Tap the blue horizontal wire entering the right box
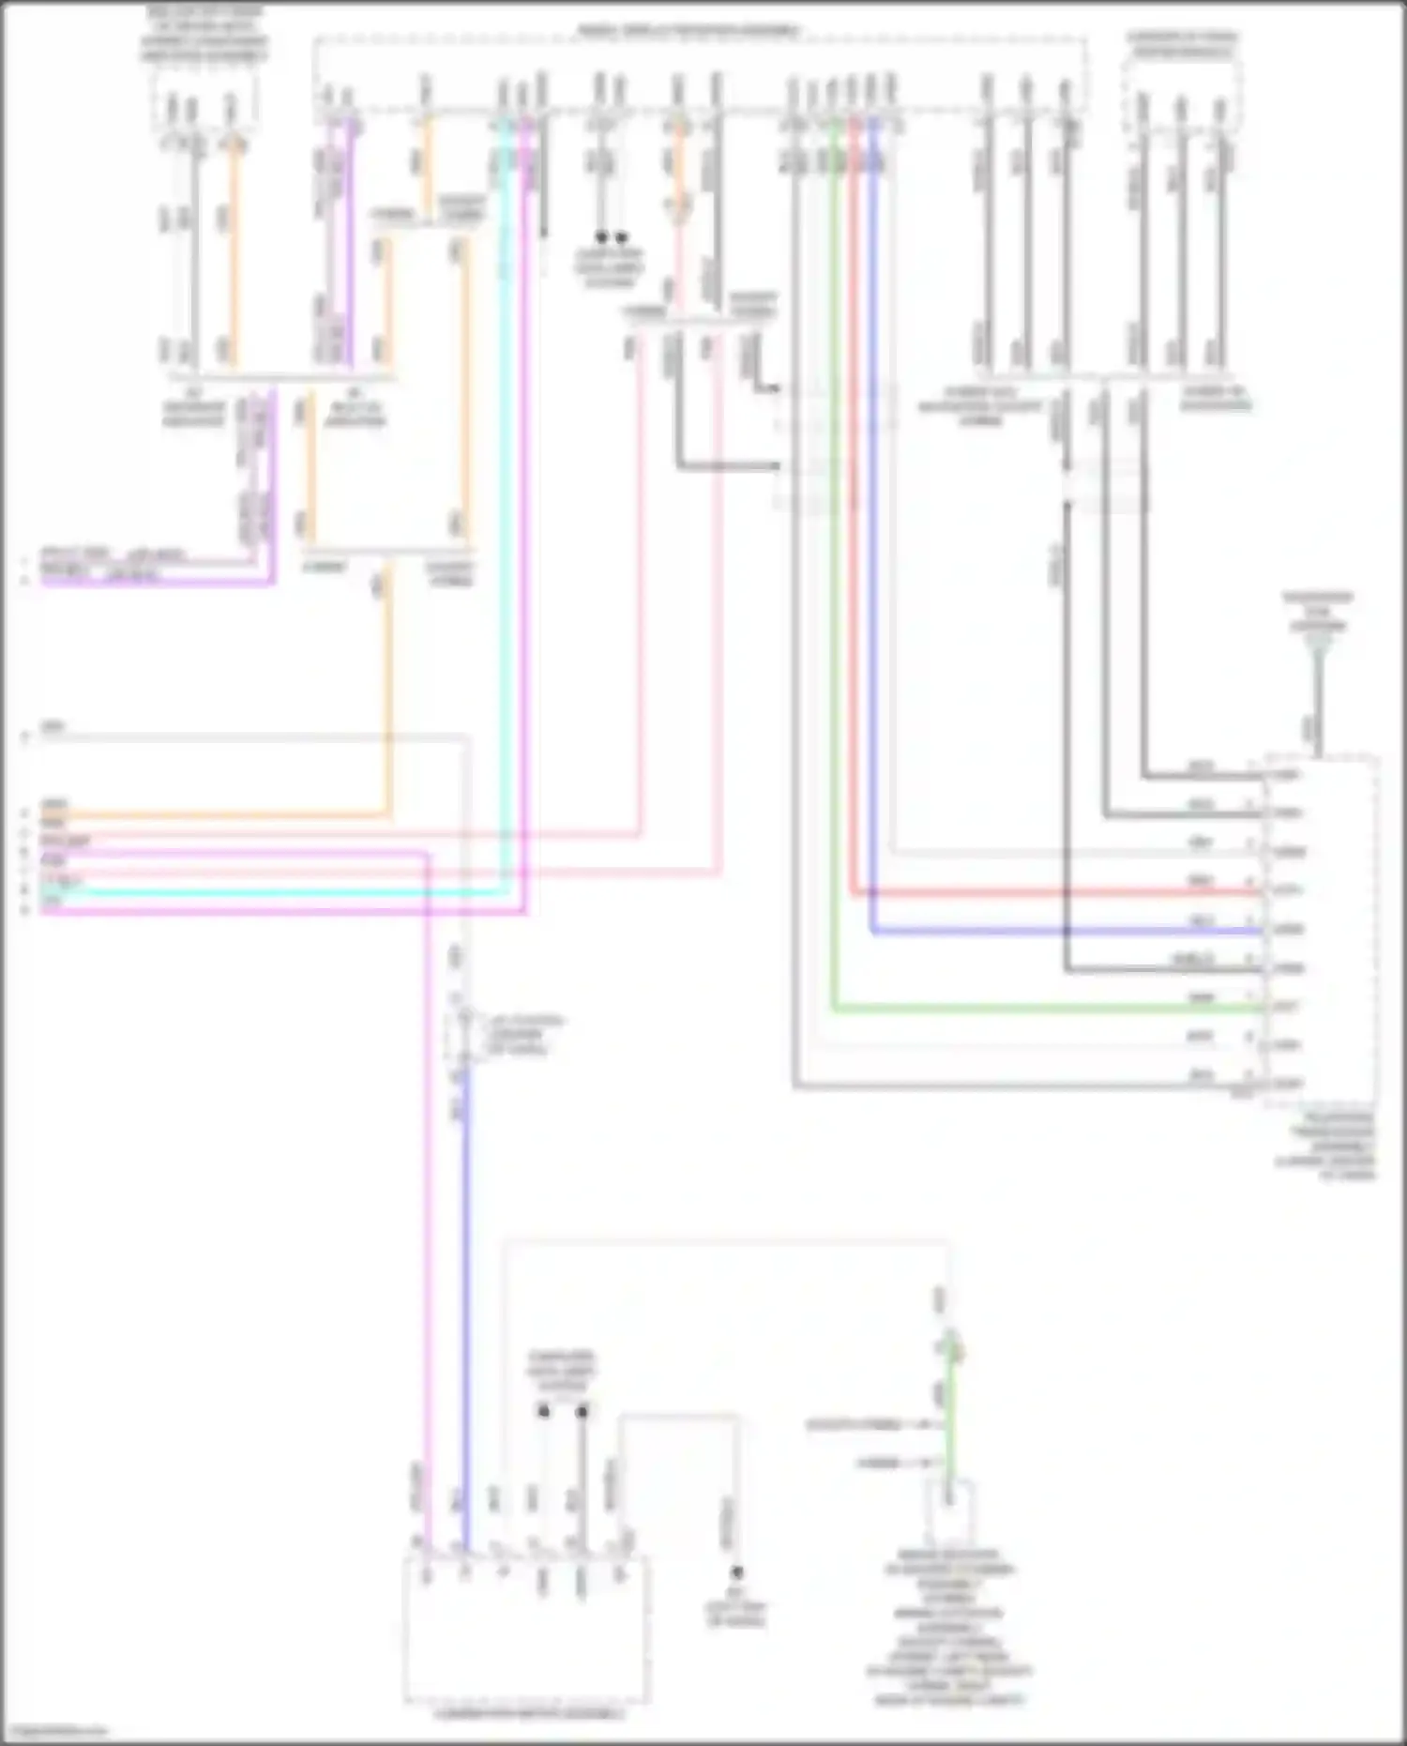1060,932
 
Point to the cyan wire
281,892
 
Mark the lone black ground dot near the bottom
737,1571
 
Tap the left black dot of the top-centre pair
601,237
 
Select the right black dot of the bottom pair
582,1411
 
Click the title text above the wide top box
689,31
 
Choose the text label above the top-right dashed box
1182,44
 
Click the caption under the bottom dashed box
528,1714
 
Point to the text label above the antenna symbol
1318,611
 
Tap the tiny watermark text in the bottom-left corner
54,1731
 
